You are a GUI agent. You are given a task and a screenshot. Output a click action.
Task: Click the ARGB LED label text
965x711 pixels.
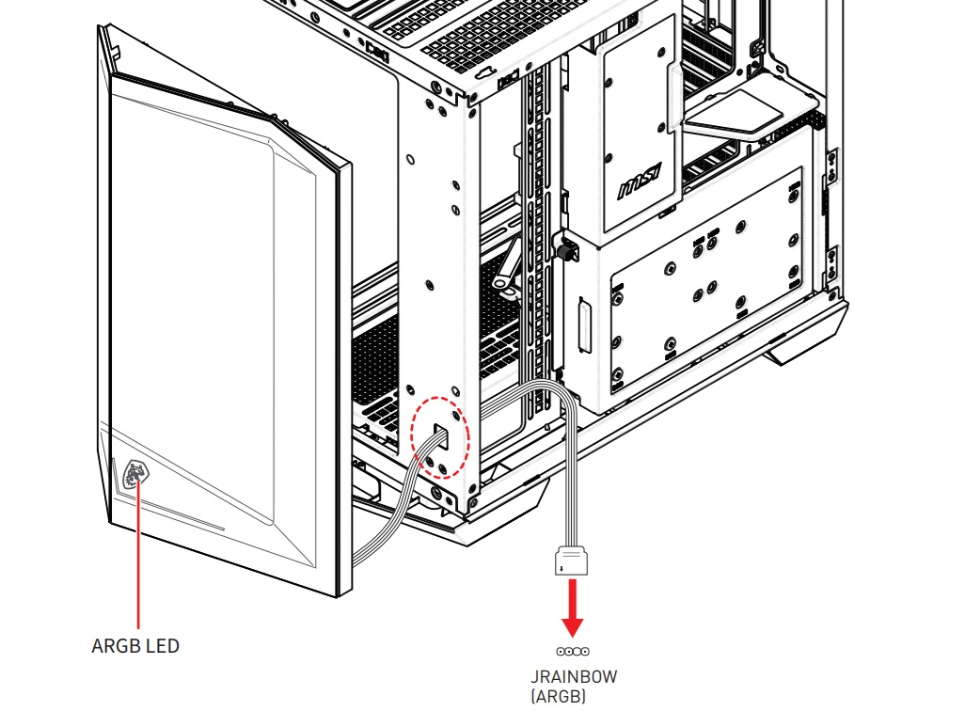click(x=135, y=646)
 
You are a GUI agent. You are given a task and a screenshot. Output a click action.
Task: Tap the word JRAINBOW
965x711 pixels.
click(x=574, y=676)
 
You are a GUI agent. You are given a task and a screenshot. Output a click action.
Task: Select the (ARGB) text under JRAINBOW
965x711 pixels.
click(x=558, y=696)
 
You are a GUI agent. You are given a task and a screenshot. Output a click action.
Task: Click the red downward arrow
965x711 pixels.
click(x=573, y=608)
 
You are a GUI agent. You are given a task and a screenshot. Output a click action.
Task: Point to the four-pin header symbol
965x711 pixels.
click(x=573, y=652)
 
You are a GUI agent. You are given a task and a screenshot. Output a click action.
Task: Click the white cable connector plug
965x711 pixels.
click(x=571, y=561)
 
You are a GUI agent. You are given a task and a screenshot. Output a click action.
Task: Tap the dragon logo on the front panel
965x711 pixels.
click(x=135, y=474)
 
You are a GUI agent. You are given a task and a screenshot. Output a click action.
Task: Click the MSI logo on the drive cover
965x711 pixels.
click(x=641, y=181)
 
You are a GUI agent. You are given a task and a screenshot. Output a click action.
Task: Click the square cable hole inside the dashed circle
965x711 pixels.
click(x=441, y=434)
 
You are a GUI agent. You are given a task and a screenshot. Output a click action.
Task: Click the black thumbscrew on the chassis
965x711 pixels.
click(x=566, y=249)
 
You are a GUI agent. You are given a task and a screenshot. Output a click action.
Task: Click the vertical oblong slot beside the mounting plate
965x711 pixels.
click(x=585, y=325)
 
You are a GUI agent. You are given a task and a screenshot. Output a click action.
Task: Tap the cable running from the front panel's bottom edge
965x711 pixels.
click(x=394, y=511)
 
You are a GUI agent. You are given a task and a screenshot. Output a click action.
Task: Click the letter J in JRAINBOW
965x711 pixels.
click(x=535, y=676)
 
